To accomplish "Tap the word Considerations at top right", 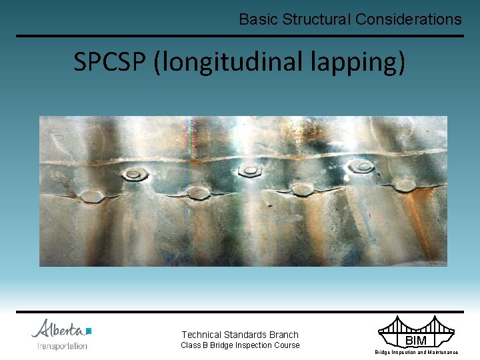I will (x=408, y=19).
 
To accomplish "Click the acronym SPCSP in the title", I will (x=111, y=62).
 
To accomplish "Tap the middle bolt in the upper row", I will (x=250, y=170).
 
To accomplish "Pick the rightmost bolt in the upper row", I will (x=362, y=167).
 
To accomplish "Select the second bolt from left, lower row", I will (x=198, y=193).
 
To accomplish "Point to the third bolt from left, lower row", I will (x=302, y=189).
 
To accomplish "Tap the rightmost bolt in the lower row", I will (x=405, y=185).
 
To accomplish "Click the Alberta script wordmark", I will (x=58, y=329).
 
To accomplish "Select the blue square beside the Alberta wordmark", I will (x=89, y=331).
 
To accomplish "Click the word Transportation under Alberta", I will (x=62, y=346).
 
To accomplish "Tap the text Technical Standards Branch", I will (x=240, y=335).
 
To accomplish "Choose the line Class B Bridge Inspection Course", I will (x=240, y=345).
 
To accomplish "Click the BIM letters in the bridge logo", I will (x=415, y=341).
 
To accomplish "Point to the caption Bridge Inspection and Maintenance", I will (x=416, y=352).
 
